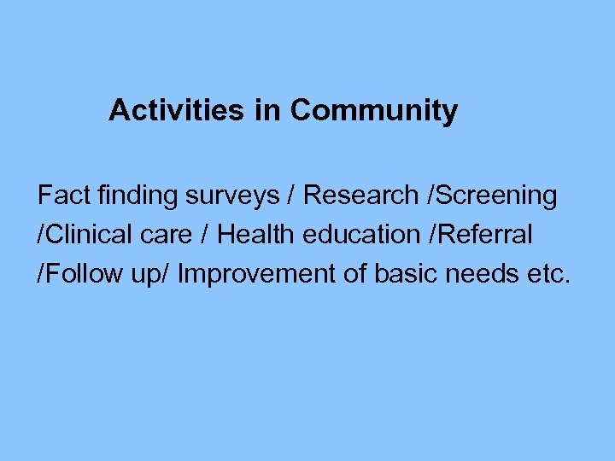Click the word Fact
[62, 195]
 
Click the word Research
[360, 195]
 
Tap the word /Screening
[490, 195]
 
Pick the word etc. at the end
[547, 274]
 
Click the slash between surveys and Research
[292, 195]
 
